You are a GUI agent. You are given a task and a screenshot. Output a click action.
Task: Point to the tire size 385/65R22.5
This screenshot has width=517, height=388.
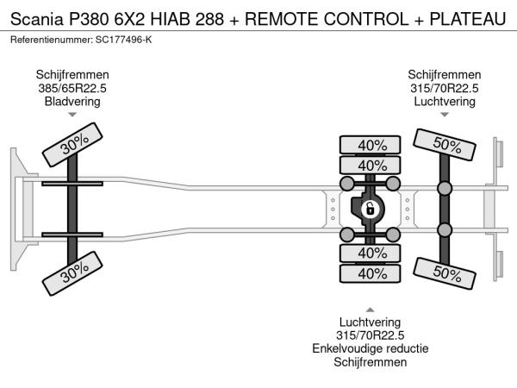[72, 88]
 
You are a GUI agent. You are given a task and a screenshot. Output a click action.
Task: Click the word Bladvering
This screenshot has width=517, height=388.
[72, 101]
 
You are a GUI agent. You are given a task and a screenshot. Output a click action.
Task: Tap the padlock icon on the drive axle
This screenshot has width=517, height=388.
[368, 209]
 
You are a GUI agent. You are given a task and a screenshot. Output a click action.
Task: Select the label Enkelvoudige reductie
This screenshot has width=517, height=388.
[371, 349]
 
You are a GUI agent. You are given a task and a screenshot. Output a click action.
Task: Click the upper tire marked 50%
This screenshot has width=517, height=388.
[445, 145]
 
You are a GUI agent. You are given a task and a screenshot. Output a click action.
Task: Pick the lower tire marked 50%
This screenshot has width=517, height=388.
[445, 273]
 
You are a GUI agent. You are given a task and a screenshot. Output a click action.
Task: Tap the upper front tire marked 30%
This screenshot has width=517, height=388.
[74, 148]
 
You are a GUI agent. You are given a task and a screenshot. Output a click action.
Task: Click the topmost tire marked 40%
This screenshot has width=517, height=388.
[371, 144]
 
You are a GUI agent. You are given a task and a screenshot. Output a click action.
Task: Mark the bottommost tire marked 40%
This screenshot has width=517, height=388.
[371, 274]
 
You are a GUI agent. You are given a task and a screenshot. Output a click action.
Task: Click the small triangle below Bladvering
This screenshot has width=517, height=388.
[72, 115]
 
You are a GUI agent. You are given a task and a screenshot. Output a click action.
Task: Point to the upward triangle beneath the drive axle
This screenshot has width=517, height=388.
[371, 310]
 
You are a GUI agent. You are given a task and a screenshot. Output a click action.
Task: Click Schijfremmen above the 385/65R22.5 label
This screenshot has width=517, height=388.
[72, 75]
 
